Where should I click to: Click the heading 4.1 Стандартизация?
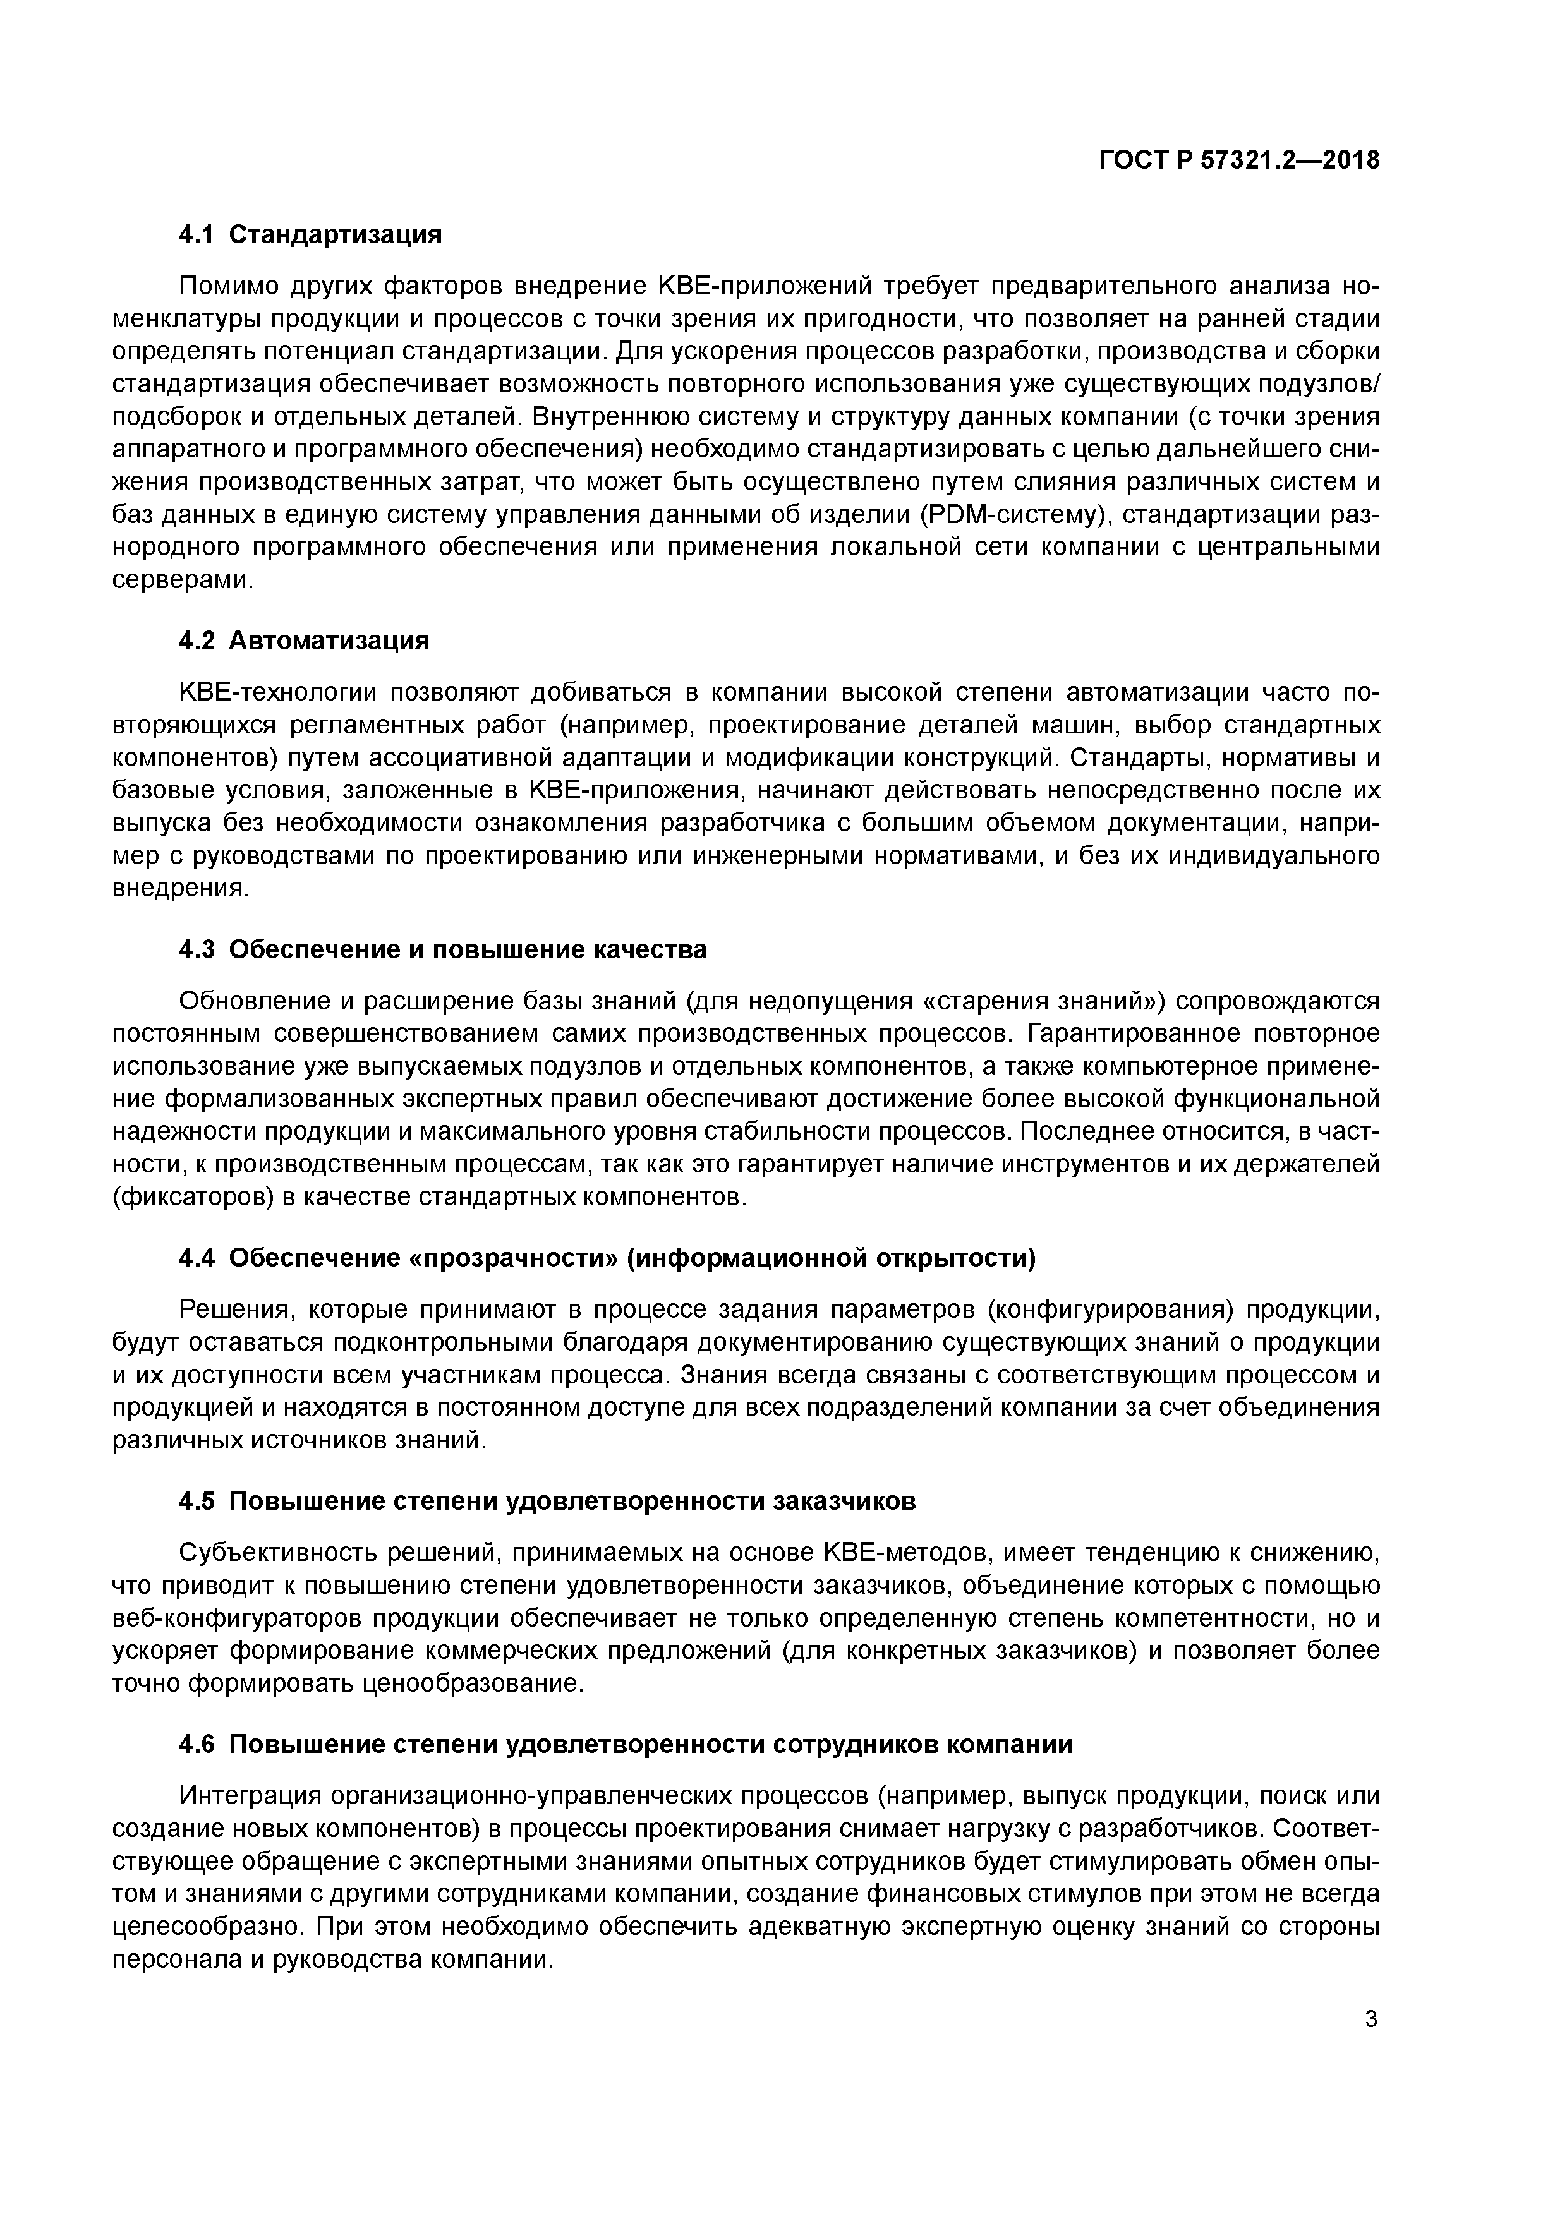(x=310, y=234)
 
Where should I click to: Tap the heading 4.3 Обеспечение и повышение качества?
(x=443, y=949)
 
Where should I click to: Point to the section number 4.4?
(x=197, y=1258)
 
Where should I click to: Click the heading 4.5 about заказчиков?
(x=547, y=1502)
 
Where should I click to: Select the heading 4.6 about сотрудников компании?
(x=626, y=1745)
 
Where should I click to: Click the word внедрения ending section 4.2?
(x=181, y=889)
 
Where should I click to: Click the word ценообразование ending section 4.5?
(x=474, y=1684)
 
